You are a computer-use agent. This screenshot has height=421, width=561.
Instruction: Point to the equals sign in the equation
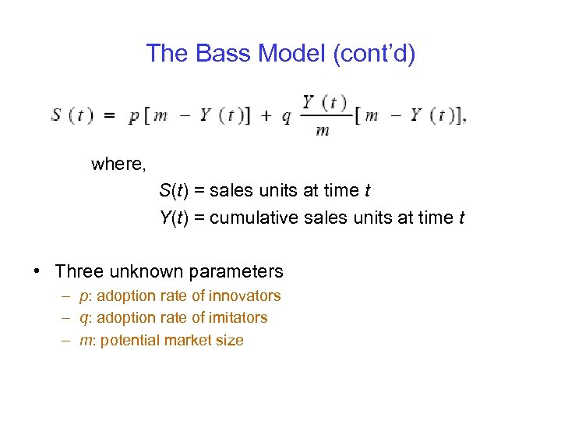click(111, 115)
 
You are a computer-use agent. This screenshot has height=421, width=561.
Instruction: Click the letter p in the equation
click(133, 117)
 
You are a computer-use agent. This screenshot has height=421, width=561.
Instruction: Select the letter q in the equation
click(286, 117)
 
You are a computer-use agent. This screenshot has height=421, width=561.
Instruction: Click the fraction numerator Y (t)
click(324, 102)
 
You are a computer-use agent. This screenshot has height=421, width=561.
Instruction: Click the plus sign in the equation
click(266, 115)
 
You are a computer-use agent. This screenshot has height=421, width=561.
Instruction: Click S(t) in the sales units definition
click(175, 190)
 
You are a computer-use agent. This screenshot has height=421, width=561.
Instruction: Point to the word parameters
click(236, 272)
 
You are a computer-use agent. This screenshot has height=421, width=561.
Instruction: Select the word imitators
click(239, 317)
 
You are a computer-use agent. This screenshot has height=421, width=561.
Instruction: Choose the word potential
click(129, 340)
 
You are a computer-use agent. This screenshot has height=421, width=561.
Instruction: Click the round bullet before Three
click(37, 272)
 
